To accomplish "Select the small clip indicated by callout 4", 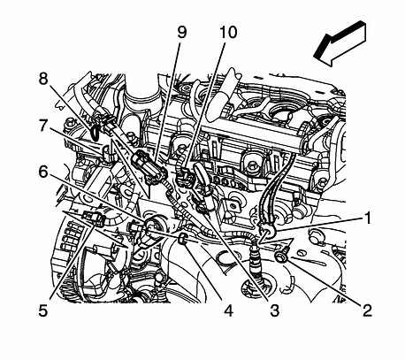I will [x=181, y=238].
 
